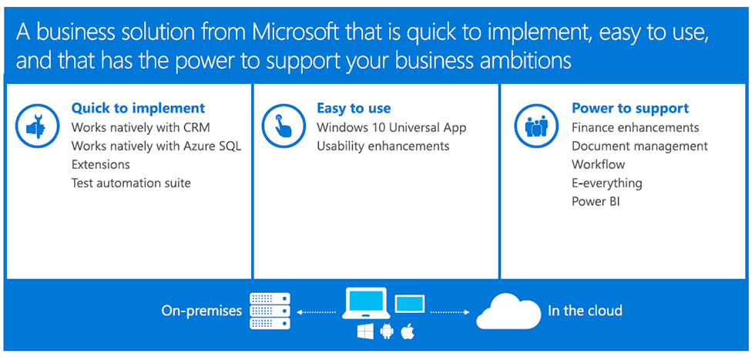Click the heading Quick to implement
click(x=138, y=108)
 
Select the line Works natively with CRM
click(x=140, y=127)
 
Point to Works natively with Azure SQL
click(x=156, y=146)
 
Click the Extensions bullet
click(x=101, y=164)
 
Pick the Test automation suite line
click(x=131, y=183)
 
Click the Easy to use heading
click(x=354, y=109)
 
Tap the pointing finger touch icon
click(x=284, y=126)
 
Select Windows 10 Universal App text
click(x=391, y=127)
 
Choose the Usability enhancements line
click(x=383, y=146)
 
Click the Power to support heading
click(x=630, y=109)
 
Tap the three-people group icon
click(x=536, y=126)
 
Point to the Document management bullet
click(x=640, y=146)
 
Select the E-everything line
click(x=607, y=183)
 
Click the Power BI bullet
click(x=596, y=201)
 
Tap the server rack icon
click(x=270, y=311)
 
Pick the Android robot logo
click(x=387, y=331)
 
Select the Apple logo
click(x=408, y=331)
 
